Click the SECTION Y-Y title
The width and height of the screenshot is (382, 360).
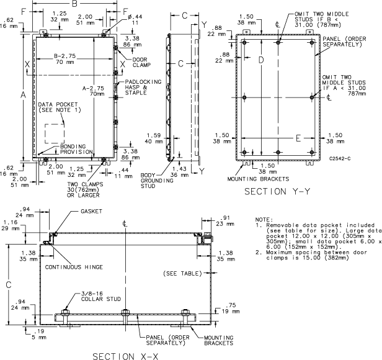click(277, 191)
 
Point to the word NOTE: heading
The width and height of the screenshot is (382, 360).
click(264, 219)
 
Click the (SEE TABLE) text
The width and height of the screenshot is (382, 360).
click(181, 273)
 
